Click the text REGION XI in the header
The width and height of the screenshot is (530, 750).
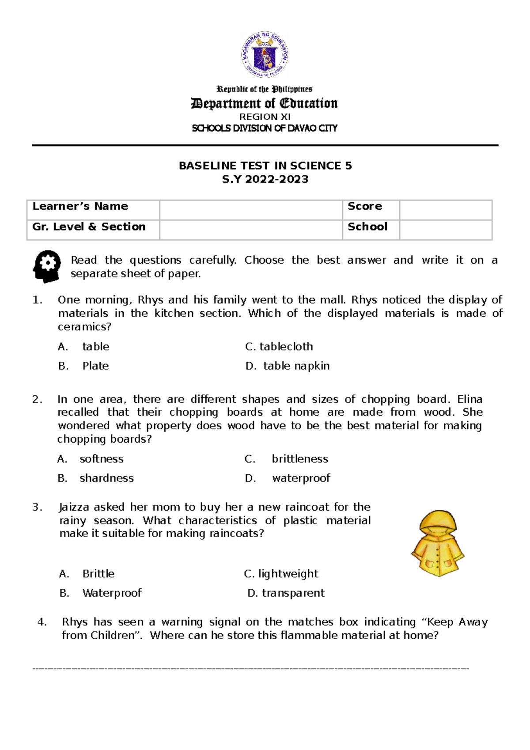265,117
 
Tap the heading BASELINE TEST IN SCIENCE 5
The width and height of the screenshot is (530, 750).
265,166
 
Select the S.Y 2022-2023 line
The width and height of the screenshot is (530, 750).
265,179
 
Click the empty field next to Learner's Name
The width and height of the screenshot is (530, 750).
250,210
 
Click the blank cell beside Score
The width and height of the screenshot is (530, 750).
445,210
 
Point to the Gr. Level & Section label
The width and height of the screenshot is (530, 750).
89,227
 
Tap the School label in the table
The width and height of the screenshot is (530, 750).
367,227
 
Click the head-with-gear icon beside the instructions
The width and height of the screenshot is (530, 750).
47,266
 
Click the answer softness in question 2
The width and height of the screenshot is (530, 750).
101,459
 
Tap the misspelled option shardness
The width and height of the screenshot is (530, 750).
106,478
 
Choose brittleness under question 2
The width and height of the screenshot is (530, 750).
299,459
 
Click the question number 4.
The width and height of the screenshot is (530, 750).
42,622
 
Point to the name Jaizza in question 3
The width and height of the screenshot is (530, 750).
73,507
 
